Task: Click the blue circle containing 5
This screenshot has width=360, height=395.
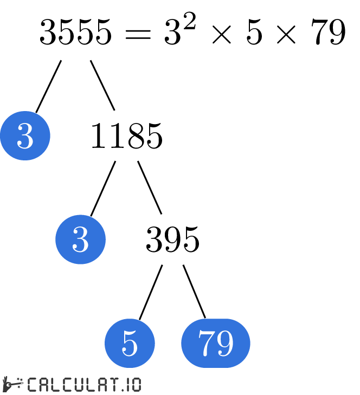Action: (x=130, y=343)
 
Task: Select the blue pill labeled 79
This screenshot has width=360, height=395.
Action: (x=215, y=343)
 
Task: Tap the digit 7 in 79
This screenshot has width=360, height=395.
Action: (x=206, y=343)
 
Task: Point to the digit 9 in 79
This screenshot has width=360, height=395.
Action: (x=224, y=343)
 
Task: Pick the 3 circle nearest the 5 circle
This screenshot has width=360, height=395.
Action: (x=80, y=239)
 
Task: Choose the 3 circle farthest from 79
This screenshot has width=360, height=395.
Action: (x=25, y=135)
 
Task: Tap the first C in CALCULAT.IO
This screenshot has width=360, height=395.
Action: (x=32, y=384)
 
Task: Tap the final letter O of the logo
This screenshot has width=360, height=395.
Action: (x=134, y=384)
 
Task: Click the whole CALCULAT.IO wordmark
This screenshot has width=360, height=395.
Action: (x=83, y=384)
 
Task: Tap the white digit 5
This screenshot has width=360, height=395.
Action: (x=130, y=343)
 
